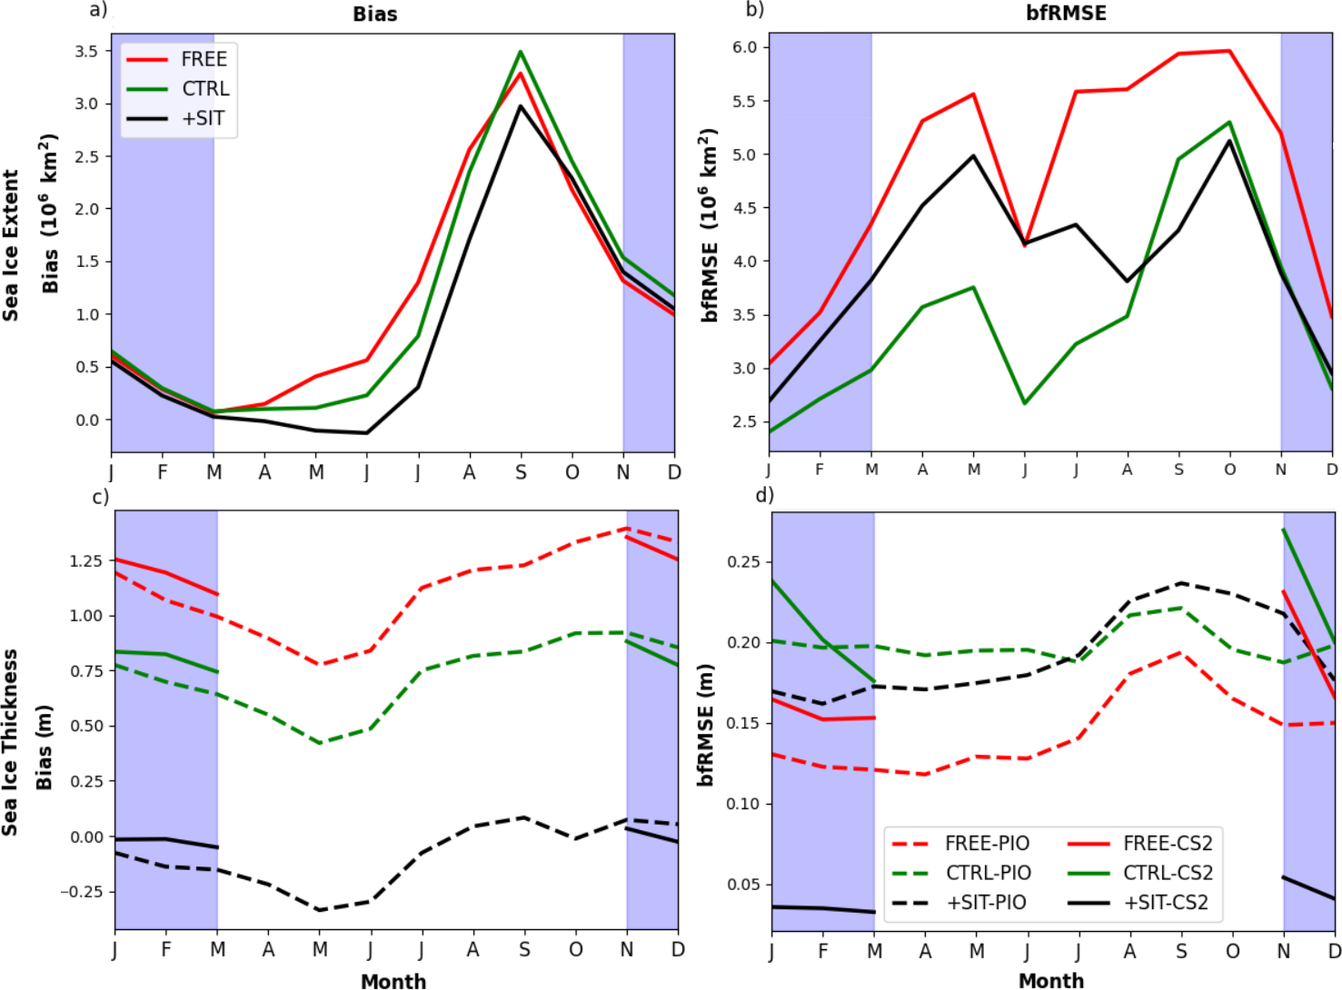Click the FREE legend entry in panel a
tap(204, 60)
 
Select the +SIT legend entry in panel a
tap(204, 119)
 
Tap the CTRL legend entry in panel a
tap(205, 89)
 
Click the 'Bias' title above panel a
tap(374, 15)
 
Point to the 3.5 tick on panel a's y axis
tap(86, 52)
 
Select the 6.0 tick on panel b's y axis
tap(744, 47)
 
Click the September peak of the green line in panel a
tap(521, 52)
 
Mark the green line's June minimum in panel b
tap(1025, 403)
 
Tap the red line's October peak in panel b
tap(1230, 51)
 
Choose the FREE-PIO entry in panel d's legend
tap(987, 844)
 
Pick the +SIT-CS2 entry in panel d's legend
tap(1166, 903)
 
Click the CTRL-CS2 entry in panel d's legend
tap(1168, 873)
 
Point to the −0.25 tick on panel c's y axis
tap(82, 892)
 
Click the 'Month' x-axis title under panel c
tap(393, 981)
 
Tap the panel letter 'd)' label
tap(764, 495)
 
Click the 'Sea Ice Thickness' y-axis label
tap(11, 741)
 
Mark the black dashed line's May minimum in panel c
tap(320, 910)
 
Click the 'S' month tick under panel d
tap(1181, 951)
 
